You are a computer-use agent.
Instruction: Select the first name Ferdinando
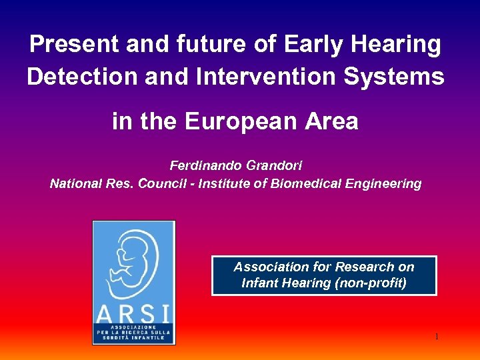point(203,165)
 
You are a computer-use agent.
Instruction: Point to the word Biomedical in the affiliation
point(302,183)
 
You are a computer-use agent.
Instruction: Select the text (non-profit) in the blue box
point(373,283)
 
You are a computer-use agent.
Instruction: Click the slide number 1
point(436,337)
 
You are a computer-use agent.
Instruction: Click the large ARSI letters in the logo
point(133,313)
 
